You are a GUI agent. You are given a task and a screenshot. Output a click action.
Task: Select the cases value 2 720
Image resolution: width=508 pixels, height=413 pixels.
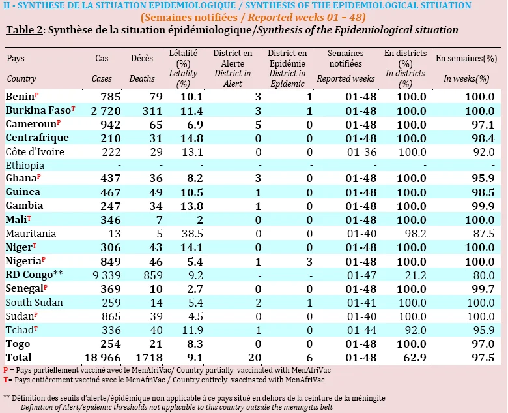(106, 111)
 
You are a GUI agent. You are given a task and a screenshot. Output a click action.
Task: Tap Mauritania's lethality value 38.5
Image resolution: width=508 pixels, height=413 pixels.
(192, 234)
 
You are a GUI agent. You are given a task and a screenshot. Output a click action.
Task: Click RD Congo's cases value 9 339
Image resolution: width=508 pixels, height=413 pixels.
(106, 275)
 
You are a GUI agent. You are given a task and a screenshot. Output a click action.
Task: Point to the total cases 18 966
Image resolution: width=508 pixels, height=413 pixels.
(102, 358)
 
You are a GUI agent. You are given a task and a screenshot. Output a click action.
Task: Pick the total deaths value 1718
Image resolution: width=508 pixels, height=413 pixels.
(148, 358)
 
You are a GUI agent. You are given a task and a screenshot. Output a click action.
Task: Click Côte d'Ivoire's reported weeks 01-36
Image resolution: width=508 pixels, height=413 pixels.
(361, 152)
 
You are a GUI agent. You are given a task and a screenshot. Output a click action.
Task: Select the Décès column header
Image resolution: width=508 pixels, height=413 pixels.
(142, 58)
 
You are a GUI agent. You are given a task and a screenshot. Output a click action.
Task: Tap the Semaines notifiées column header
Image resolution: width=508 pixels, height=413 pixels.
(346, 58)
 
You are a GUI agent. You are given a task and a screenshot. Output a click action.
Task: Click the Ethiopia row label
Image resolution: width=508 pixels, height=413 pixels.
(25, 166)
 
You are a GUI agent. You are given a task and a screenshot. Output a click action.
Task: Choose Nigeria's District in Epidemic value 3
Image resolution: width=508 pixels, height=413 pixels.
(309, 262)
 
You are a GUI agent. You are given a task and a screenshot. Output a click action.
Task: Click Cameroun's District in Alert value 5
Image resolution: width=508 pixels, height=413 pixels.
(258, 125)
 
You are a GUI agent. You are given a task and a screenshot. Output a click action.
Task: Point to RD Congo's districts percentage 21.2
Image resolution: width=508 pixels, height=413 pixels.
(416, 275)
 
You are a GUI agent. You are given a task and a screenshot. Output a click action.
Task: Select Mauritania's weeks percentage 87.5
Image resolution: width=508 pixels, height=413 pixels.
(483, 234)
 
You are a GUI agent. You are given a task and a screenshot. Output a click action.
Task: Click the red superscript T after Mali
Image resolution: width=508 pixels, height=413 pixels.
(29, 218)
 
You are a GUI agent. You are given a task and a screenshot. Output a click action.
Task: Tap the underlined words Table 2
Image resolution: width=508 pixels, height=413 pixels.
(25, 30)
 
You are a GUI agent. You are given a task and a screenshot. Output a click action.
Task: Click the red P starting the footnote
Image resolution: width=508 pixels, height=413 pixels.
(5, 370)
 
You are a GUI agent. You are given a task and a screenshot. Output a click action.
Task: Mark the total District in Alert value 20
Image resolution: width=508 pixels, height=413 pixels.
(255, 358)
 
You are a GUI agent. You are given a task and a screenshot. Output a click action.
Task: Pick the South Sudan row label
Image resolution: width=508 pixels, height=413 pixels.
(34, 303)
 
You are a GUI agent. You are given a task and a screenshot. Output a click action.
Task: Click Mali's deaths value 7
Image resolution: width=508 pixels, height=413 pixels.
(160, 220)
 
